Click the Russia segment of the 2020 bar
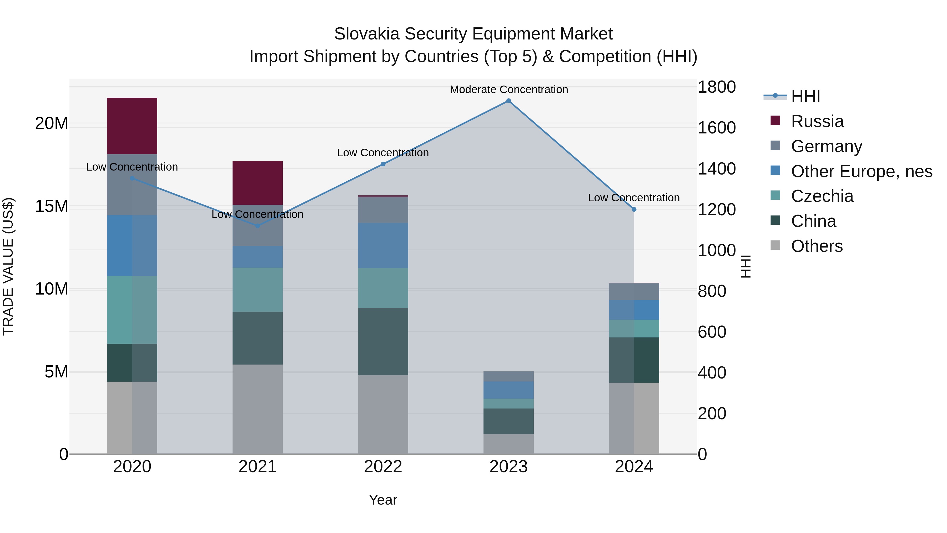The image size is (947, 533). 132,126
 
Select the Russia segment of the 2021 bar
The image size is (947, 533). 257,183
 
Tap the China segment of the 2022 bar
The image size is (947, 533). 383,341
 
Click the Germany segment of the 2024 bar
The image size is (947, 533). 634,292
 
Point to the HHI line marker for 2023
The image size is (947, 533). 508,101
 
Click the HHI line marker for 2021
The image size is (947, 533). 257,226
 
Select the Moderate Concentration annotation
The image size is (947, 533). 509,90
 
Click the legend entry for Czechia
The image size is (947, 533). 822,196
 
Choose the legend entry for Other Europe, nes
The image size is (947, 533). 861,171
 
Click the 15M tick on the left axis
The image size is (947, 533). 52,207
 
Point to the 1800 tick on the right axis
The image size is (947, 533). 717,87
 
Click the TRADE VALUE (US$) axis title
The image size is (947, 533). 8,266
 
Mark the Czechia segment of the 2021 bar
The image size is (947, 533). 257,290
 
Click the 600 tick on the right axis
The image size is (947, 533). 712,332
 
